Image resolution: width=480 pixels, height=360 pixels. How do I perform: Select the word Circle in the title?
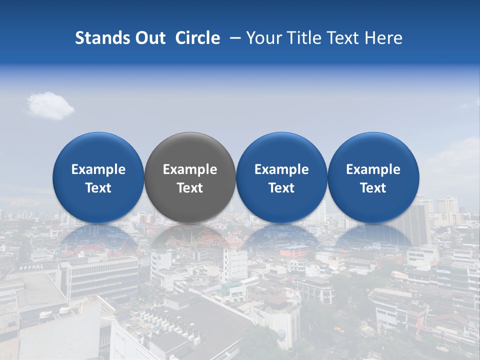[x=197, y=38]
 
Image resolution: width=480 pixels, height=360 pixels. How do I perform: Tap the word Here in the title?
[x=384, y=38]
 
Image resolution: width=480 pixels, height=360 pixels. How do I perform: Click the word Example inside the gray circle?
[x=190, y=170]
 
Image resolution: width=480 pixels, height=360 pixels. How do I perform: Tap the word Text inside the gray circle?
[x=190, y=188]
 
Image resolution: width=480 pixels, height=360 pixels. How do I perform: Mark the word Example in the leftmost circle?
[x=98, y=170]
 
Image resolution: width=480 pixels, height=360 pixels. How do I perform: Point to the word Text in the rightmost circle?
[x=373, y=188]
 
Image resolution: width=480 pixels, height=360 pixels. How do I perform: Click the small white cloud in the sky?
[x=50, y=105]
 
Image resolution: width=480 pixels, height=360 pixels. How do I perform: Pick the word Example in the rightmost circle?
[x=373, y=170]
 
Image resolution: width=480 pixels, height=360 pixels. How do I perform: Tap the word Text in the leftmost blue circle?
[x=98, y=188]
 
